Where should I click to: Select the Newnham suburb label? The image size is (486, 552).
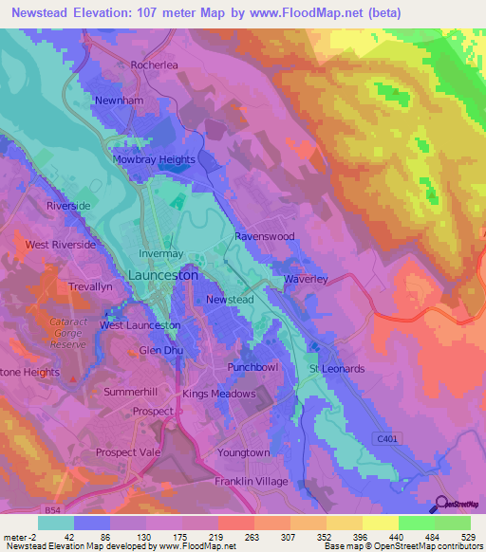pos(118,100)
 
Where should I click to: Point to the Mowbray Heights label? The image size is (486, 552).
pos(154,159)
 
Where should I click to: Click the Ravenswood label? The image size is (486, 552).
pos(265,235)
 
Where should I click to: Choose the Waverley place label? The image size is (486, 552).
pos(306,279)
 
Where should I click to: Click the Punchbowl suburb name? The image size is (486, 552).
pos(252,366)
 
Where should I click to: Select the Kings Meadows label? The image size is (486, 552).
pos(219,394)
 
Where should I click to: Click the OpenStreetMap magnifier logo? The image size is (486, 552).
pos(440,504)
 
